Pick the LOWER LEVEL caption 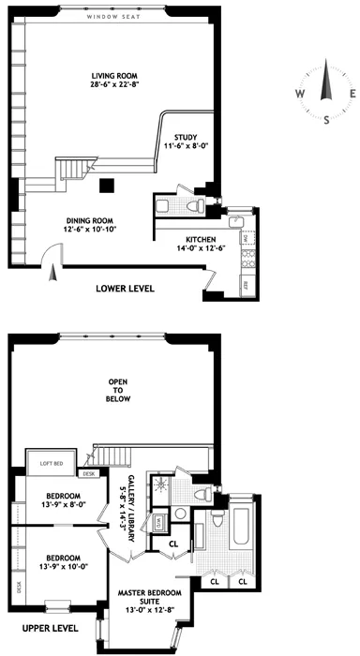click(x=125, y=288)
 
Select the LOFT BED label click(x=52, y=462)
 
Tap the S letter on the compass click(x=327, y=120)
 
